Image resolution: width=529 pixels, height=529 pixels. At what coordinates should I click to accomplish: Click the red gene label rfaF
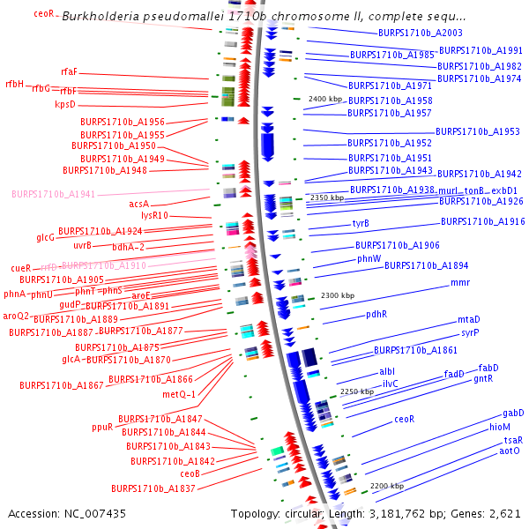coord(69,71)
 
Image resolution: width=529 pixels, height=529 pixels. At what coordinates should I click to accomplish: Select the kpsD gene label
coord(65,104)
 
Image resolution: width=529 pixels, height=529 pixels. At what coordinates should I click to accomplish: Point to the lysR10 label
coord(154,215)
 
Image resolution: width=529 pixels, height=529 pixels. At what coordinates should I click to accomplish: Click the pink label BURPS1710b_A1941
coord(53,193)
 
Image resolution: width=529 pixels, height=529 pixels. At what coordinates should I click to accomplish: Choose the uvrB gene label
coord(82,245)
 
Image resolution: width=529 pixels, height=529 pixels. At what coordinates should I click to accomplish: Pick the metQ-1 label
coord(179,393)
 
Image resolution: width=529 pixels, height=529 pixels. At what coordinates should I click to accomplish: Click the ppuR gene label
coord(102,427)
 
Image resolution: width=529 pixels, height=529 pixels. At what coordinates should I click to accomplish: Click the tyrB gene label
coord(361,223)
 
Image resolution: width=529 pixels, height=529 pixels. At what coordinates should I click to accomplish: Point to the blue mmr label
coord(460,283)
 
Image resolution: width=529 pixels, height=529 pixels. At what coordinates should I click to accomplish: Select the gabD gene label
coord(513,413)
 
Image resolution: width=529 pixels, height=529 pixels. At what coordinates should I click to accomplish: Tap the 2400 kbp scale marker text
coord(324,99)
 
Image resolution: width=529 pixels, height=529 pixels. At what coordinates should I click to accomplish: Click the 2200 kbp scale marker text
coord(387,486)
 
